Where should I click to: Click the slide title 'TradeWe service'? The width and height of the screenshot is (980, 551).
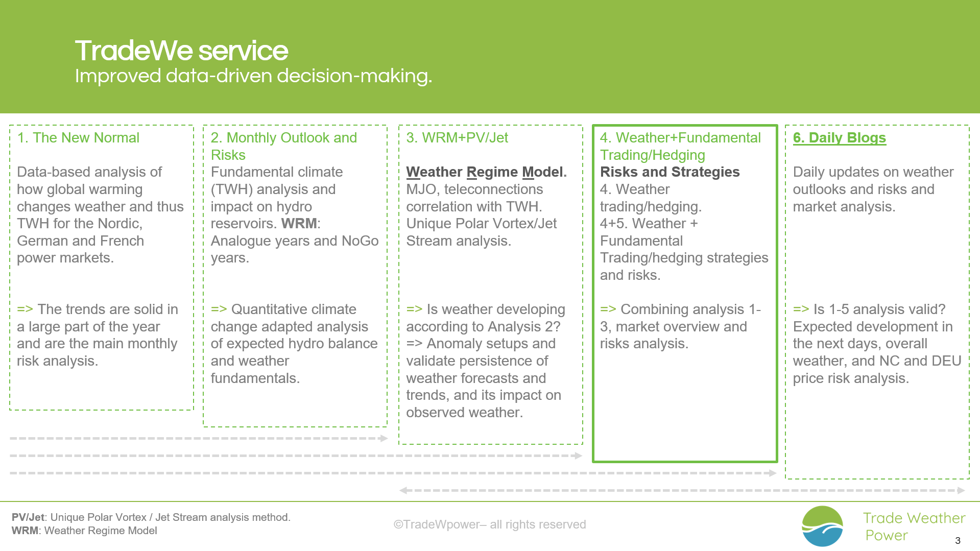[181, 51]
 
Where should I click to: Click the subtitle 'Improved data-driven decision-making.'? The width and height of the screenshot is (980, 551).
[253, 76]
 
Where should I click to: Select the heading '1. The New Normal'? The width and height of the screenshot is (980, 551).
[78, 138]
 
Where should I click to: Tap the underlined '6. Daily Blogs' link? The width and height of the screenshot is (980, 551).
[839, 138]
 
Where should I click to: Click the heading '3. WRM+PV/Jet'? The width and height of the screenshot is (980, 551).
[457, 138]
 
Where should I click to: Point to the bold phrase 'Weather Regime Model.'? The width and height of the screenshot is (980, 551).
[486, 172]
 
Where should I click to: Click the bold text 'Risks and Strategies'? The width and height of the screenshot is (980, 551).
[670, 172]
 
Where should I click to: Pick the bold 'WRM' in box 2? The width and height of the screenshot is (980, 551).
[299, 224]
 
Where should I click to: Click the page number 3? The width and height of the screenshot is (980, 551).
[958, 540]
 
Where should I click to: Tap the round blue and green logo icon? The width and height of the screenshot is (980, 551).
[822, 526]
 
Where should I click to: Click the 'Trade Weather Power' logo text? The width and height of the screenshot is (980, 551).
[913, 526]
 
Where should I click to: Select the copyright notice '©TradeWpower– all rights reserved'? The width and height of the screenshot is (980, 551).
[489, 524]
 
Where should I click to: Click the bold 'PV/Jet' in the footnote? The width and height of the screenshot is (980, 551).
[28, 517]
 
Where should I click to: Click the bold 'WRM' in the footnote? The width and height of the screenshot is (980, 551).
[25, 531]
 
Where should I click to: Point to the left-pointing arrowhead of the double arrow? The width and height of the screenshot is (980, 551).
[403, 490]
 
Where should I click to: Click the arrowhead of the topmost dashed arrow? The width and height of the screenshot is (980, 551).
[384, 438]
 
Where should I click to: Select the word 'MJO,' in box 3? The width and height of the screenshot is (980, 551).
[423, 189]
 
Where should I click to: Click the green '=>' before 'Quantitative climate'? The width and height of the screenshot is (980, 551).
[219, 309]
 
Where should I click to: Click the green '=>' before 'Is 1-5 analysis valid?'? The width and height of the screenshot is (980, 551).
[801, 309]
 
